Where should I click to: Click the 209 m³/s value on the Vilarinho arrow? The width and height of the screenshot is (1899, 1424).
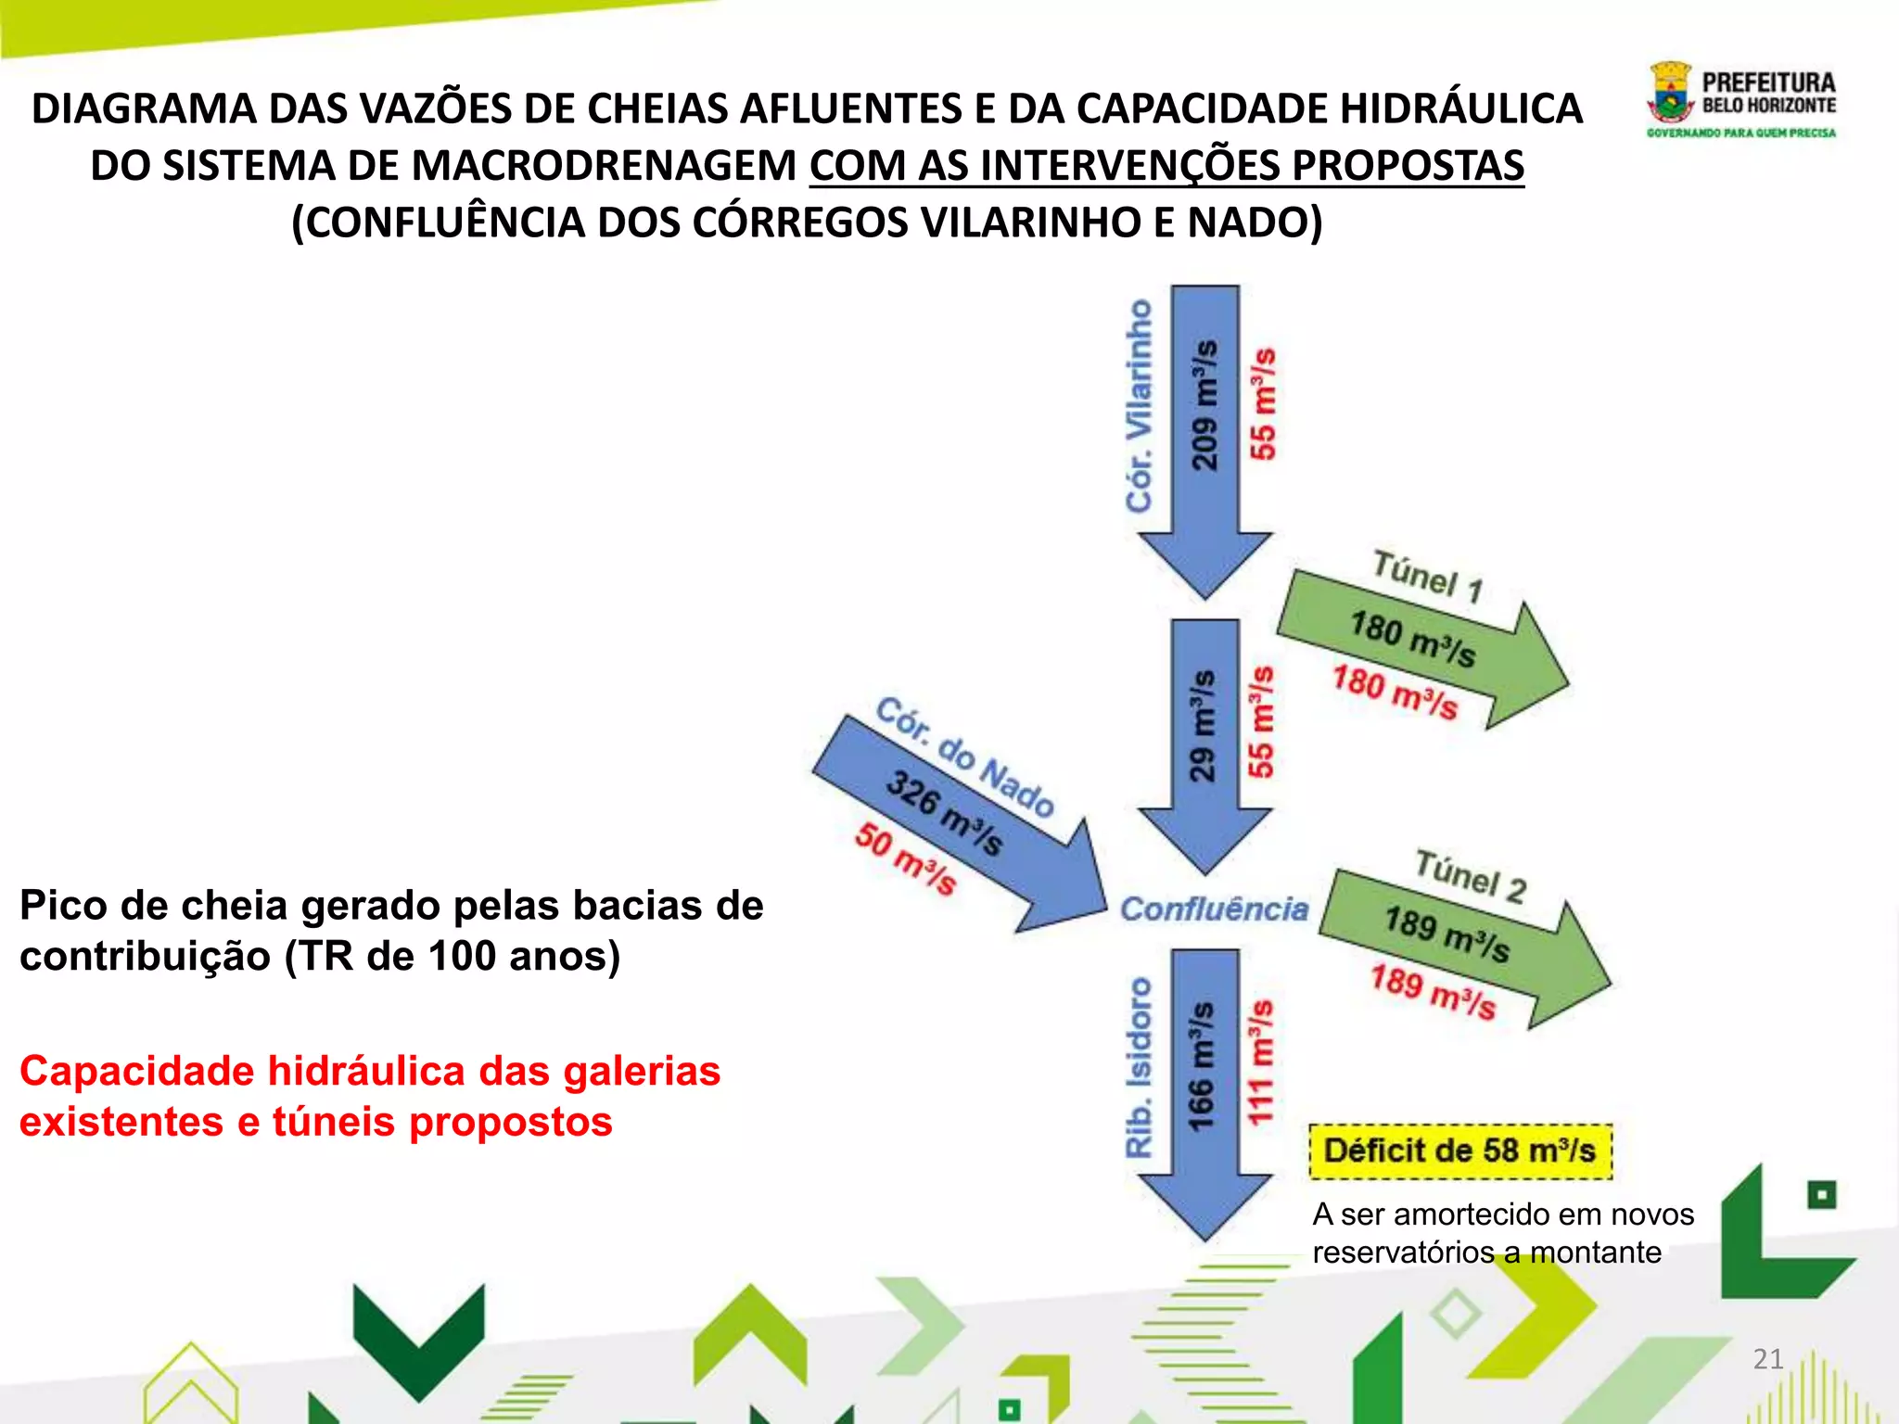pos(1204,405)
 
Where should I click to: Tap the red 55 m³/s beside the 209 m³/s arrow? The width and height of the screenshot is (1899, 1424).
pos(1263,404)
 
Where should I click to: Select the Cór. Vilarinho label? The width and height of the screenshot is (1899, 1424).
pos(1140,405)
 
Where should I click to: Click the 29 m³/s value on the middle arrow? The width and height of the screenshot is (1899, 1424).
pos(1202,725)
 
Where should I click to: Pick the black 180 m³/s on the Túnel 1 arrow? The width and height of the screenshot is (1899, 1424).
pos(1412,639)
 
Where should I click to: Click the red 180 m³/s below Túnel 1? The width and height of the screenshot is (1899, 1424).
pos(1395,693)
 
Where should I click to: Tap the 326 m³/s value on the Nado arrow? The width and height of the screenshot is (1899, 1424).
pos(944,812)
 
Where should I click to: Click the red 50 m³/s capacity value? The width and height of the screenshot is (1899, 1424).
pos(905,858)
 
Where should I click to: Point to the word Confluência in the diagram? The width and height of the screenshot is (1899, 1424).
pos(1214,909)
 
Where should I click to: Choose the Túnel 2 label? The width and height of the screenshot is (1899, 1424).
pos(1471,876)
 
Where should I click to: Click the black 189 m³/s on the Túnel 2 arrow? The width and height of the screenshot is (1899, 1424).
pos(1447,934)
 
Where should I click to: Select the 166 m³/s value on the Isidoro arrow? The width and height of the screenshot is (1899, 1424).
pos(1202,1065)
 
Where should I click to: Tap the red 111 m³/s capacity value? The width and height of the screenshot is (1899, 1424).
pos(1260,1062)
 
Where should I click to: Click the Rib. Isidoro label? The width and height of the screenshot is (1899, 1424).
pos(1139,1066)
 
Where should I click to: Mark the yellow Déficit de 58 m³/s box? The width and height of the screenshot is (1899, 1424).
pos(1459,1151)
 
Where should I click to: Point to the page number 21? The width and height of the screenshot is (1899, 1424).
pos(1768,1359)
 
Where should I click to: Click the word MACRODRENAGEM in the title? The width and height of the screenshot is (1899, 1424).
pos(605,166)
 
